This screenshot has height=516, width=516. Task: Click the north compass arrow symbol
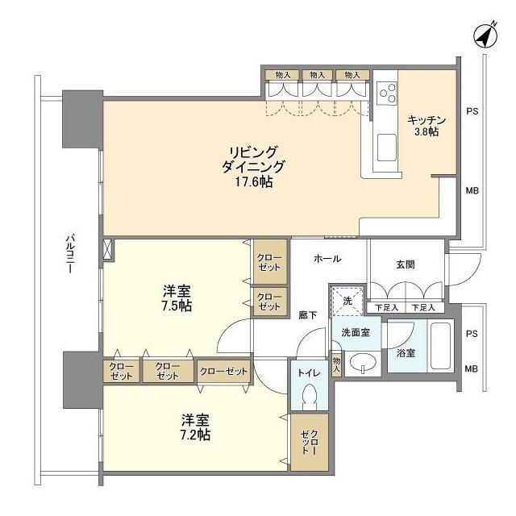pos(484,35)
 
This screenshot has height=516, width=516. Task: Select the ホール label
pos(327,259)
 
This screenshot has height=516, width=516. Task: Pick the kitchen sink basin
pos(388,150)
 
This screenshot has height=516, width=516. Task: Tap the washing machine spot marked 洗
pos(347,302)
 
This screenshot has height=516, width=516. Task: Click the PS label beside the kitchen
pos(473,110)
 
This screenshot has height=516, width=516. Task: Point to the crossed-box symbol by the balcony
pos(108,249)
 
